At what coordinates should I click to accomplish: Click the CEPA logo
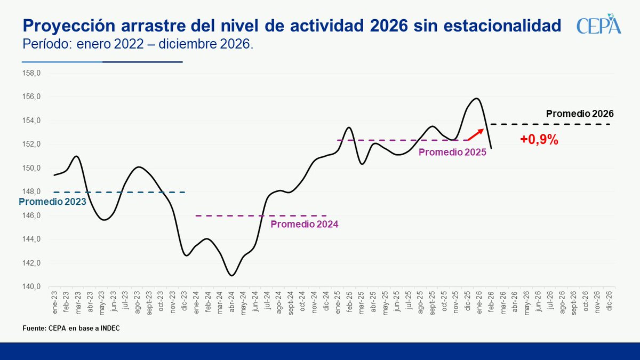point(599,26)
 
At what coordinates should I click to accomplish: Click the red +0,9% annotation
point(539,140)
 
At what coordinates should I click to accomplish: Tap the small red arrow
point(476,134)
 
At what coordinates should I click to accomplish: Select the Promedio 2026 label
point(580,114)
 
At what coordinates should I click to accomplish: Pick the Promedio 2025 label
point(452,152)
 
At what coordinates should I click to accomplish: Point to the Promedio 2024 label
point(304,225)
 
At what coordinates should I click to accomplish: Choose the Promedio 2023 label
point(52,202)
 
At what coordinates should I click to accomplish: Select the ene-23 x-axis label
point(54,302)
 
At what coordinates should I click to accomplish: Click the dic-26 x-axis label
point(609,302)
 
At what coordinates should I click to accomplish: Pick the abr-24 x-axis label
point(231,302)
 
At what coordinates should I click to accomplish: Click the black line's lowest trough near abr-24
point(231,275)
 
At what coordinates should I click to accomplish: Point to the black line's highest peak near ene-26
point(476,98)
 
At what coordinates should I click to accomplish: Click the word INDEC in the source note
point(109,327)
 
